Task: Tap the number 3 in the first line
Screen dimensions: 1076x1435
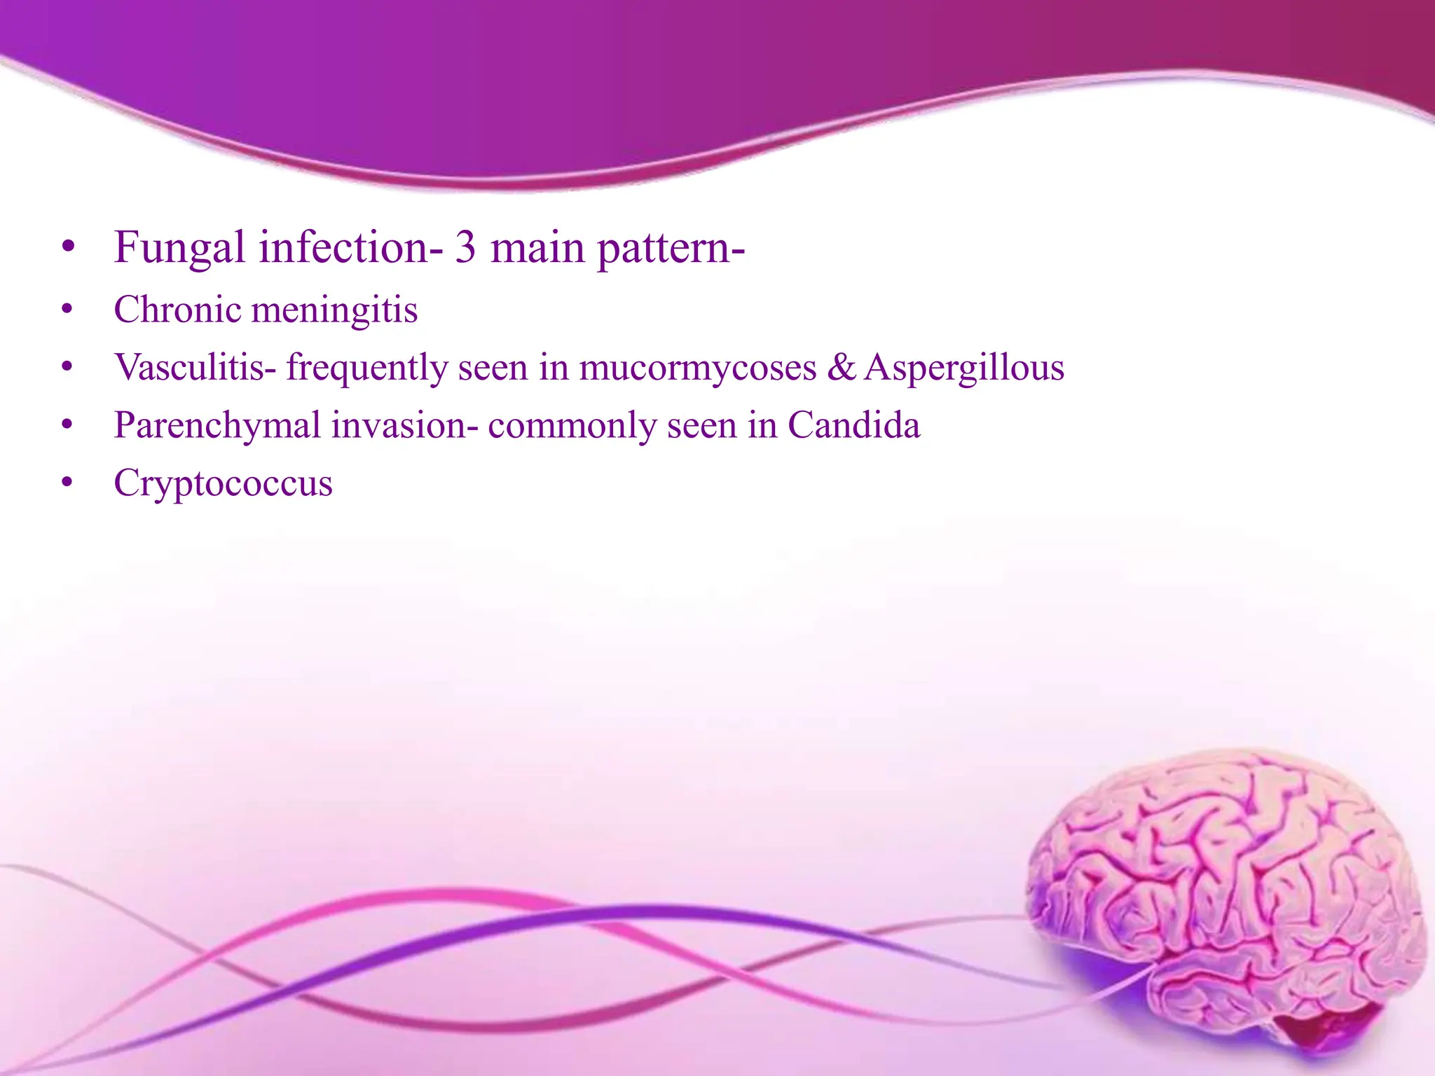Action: (465, 248)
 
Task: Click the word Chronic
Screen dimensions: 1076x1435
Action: (177, 310)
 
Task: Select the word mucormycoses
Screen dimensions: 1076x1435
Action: (698, 368)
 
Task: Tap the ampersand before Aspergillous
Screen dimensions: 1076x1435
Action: (841, 367)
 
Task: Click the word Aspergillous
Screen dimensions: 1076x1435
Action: (964, 368)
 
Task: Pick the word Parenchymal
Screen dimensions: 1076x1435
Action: (217, 425)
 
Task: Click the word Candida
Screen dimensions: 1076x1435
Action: (853, 425)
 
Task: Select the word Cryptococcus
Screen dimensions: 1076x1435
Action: (223, 483)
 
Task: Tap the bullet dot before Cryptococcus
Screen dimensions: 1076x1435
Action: (67, 483)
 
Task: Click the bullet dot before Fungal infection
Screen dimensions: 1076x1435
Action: (67, 248)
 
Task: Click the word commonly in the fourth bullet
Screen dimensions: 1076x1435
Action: (572, 425)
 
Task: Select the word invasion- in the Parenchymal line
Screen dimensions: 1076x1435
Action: (404, 425)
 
